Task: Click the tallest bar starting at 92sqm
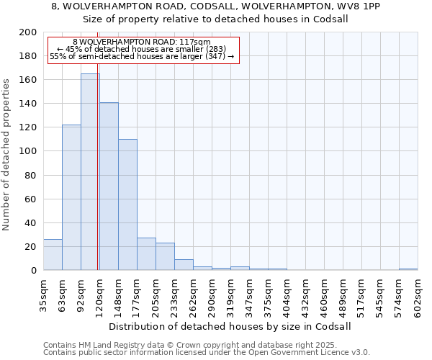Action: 90,172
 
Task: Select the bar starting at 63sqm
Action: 71,197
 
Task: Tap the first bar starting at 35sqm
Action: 53,255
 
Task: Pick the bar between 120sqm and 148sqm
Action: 109,186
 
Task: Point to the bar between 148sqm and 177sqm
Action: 127,204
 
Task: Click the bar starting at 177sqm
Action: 146,254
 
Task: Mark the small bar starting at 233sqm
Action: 184,265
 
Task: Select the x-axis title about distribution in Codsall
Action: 230,326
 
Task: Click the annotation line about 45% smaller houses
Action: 142,49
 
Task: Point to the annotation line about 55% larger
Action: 142,56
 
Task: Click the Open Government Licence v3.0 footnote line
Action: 207,353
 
